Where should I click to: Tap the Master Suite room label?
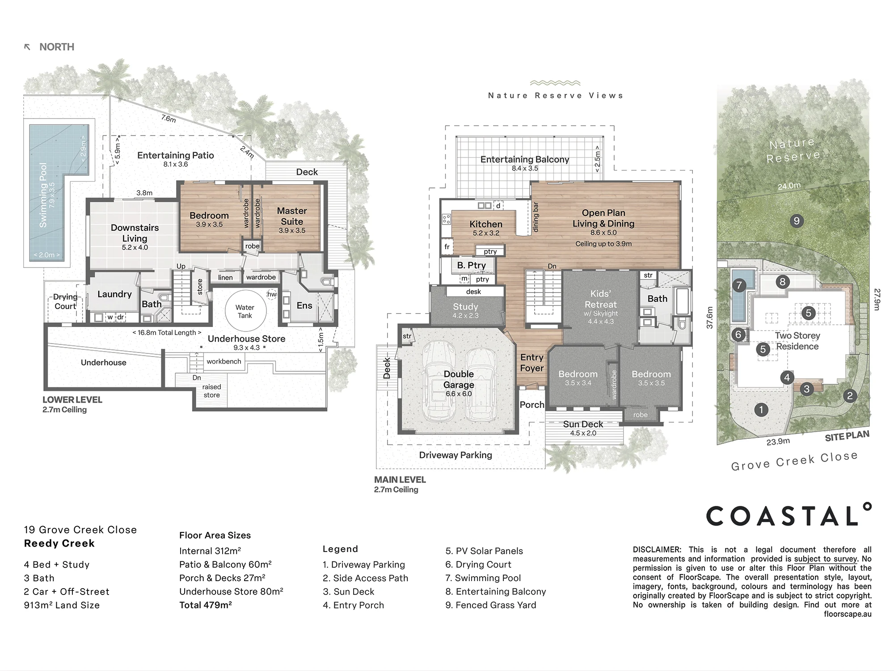[292, 216]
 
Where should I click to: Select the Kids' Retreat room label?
[600, 299]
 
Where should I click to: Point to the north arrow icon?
[27, 47]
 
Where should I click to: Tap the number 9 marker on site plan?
[796, 221]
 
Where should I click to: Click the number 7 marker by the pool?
[739, 285]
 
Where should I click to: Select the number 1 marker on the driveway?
[761, 409]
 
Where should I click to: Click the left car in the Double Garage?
[439, 381]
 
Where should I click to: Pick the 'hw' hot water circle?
[272, 294]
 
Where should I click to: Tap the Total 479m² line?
[206, 605]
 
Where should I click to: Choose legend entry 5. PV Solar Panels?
[484, 551]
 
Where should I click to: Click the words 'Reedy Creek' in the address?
[59, 544]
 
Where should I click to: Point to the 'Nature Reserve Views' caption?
[555, 95]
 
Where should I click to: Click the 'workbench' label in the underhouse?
[223, 361]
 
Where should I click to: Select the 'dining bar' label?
[536, 217]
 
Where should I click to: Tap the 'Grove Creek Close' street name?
[794, 461]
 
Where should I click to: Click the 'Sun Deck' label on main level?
[583, 424]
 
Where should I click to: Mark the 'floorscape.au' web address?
[848, 614]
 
